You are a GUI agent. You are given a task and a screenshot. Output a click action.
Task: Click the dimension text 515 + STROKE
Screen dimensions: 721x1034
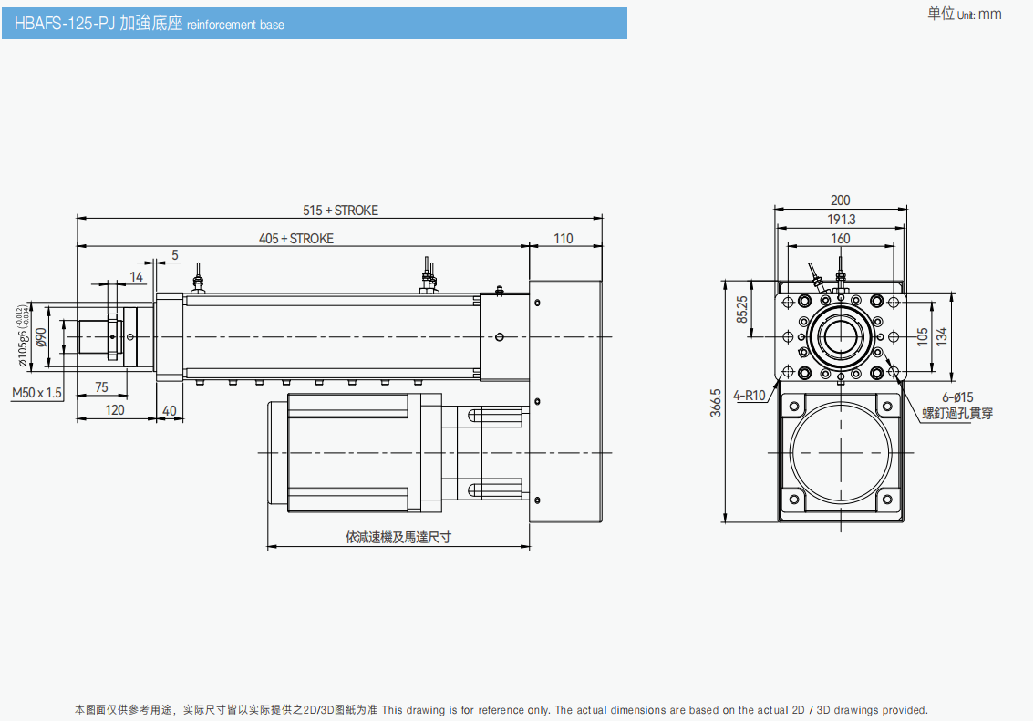point(340,211)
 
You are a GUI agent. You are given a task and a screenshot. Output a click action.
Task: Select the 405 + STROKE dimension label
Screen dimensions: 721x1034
point(296,239)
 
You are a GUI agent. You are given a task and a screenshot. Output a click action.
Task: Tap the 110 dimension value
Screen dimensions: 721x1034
point(564,239)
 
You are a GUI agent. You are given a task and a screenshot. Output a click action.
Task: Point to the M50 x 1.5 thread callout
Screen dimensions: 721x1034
point(37,393)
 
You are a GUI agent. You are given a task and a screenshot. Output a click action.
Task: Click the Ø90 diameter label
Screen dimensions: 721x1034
point(42,336)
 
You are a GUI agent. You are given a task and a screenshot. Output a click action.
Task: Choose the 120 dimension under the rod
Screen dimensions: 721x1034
point(115,410)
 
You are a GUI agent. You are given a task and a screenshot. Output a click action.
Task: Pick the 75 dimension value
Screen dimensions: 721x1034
point(101,387)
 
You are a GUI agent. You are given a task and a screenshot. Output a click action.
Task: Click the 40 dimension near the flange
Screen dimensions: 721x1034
point(169,410)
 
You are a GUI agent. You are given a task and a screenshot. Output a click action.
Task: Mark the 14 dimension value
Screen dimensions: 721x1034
point(136,277)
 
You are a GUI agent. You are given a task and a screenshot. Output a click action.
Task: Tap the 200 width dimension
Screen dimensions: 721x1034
point(840,201)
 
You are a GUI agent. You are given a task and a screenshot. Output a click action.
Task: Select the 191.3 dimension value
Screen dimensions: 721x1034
point(841,220)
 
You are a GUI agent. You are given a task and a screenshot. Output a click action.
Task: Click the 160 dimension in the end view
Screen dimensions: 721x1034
point(841,239)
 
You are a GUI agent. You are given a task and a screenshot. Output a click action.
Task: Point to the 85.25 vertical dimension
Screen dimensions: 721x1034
point(742,309)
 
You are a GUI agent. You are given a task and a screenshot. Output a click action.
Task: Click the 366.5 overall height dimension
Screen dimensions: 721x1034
point(717,403)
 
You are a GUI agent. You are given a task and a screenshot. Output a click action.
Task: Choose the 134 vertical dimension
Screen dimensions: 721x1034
point(942,335)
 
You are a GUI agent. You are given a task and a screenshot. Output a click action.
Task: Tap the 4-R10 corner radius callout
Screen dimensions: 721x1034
point(750,397)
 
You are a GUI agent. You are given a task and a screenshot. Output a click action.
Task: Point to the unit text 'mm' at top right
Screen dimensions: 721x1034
point(989,14)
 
